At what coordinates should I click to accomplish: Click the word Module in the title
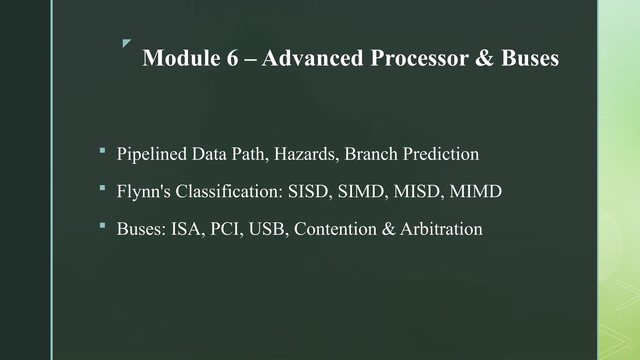181,58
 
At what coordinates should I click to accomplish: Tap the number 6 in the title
232,58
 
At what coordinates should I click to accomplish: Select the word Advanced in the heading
312,58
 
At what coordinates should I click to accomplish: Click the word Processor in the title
419,58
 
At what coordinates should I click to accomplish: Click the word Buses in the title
530,58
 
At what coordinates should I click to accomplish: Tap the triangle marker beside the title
126,43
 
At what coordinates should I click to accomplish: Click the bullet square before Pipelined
102,150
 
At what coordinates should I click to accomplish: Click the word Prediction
441,154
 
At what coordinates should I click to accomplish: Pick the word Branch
371,154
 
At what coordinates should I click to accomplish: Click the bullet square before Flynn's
102,188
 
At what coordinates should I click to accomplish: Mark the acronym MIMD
475,191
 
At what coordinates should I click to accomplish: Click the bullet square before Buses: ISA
102,225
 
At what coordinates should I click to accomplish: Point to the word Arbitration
441,229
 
